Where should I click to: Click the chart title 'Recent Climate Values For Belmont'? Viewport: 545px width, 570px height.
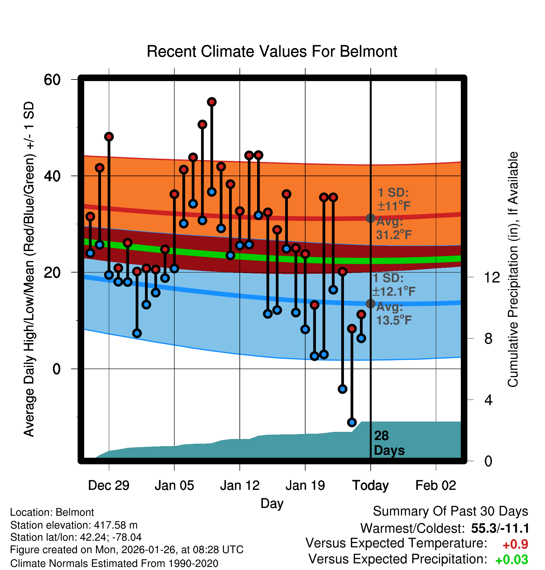(272, 51)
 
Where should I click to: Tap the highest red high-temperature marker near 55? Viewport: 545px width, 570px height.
(212, 102)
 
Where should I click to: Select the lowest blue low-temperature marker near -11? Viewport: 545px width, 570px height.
(352, 422)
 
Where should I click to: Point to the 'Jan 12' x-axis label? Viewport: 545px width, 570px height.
(239, 485)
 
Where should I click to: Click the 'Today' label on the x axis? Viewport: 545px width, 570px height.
(370, 485)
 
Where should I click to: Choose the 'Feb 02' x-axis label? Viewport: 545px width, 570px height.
(436, 485)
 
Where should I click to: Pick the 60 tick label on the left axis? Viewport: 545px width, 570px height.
(52, 80)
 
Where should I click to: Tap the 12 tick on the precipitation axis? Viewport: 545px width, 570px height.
(492, 277)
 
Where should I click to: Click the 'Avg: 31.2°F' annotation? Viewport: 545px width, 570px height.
(393, 228)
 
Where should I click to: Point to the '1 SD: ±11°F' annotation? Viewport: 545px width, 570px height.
(393, 199)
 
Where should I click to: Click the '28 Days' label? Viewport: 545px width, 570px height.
(389, 443)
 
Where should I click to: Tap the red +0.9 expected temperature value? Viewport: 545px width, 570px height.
(515, 544)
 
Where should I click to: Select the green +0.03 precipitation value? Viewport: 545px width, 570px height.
(512, 560)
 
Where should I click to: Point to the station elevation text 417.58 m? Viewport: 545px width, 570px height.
(74, 525)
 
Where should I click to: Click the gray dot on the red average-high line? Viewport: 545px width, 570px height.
(370, 218)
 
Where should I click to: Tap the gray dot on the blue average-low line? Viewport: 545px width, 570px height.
(370, 303)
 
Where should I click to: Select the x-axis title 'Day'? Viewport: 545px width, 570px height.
(272, 503)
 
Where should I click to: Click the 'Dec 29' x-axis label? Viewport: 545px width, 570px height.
(109, 485)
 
